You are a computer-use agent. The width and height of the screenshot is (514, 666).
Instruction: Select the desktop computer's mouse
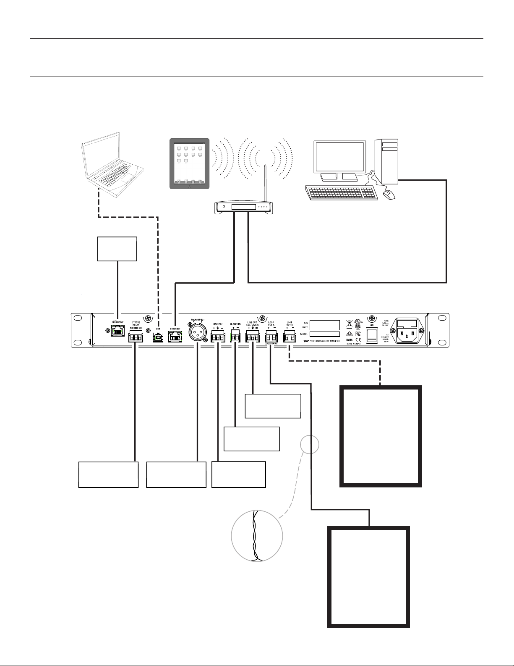390,195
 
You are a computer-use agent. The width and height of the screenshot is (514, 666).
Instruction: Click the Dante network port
118,336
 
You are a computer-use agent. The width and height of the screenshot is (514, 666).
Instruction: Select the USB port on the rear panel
158,337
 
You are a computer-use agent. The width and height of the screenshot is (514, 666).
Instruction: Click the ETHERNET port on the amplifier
175,337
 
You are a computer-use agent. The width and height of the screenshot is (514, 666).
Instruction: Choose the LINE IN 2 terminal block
218,337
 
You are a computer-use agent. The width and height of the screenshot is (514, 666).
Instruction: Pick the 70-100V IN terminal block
235,337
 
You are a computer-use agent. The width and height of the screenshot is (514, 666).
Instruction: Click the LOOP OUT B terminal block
290,337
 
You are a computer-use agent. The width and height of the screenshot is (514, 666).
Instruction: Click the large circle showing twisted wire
257,537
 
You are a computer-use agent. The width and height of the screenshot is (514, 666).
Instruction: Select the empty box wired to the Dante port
117,249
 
